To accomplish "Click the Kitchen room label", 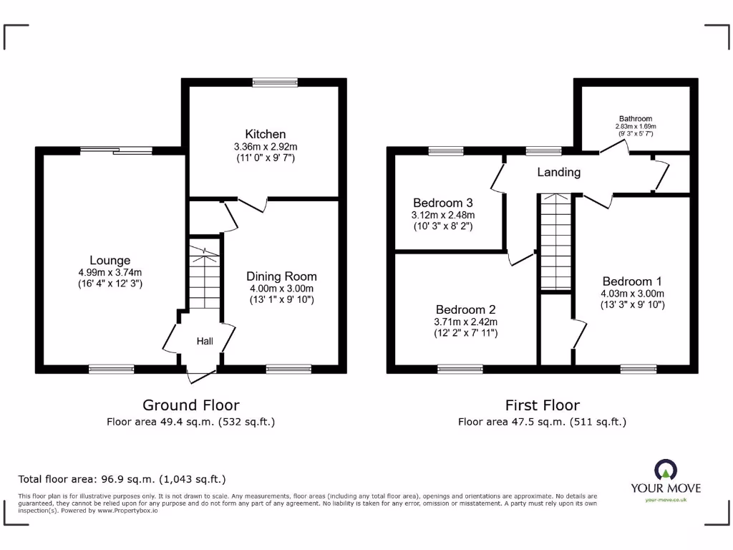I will [x=266, y=134].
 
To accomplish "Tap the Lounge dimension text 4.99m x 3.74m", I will [x=110, y=272].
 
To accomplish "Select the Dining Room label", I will [x=281, y=276].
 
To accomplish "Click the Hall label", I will [x=205, y=342].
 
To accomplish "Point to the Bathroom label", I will [x=636, y=119].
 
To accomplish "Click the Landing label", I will [x=559, y=172].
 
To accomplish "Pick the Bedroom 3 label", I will [x=443, y=202].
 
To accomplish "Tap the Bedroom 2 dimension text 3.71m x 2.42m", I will [x=465, y=322].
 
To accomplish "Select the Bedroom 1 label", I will [x=633, y=281].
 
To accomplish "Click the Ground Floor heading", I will [x=191, y=405].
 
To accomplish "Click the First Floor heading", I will [x=542, y=405].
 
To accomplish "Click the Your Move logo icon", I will [x=665, y=471].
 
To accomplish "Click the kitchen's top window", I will [x=275, y=82].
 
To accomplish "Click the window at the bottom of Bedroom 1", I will [x=633, y=369].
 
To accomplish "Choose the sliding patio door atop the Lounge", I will [x=115, y=150].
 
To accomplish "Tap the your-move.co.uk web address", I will [x=665, y=500].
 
